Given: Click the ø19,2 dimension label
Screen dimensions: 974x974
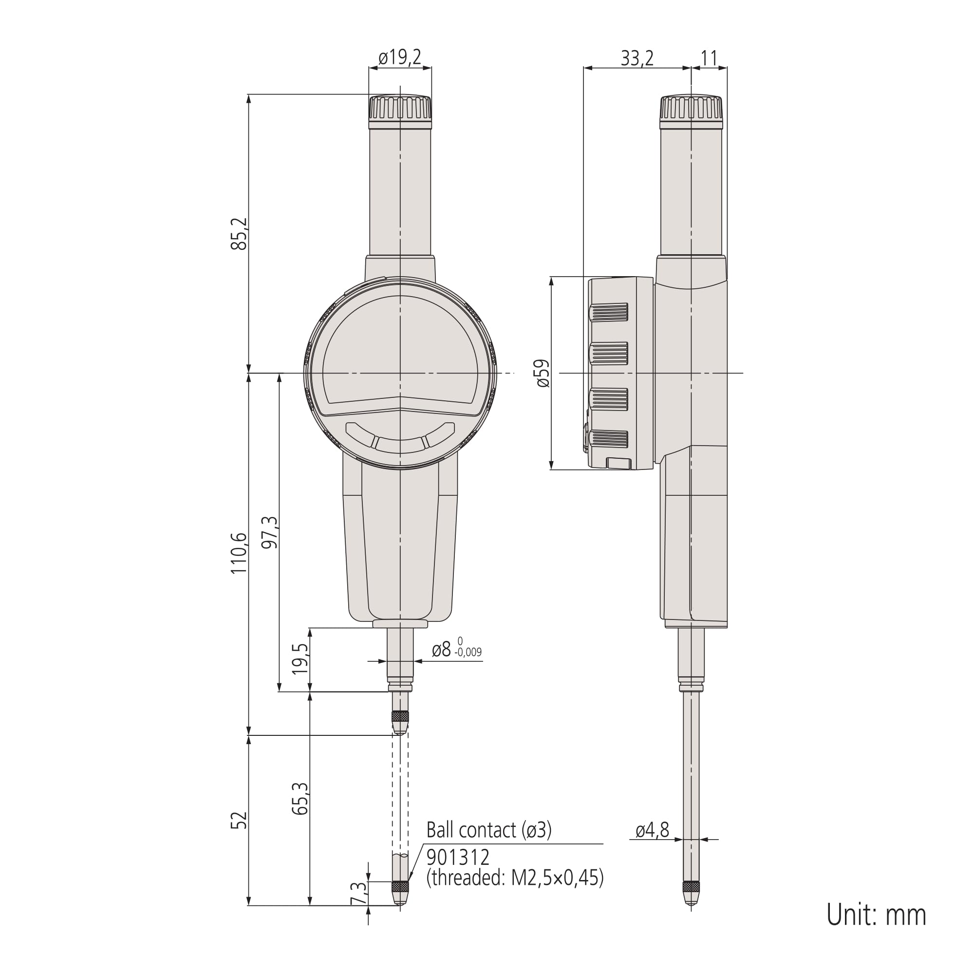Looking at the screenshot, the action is click(400, 58).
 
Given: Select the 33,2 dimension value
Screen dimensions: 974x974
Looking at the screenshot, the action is click(637, 58).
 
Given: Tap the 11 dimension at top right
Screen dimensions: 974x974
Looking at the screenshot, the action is click(709, 58).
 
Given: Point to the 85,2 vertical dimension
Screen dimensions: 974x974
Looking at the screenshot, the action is click(240, 233).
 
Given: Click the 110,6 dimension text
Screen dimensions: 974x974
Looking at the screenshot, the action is click(239, 553).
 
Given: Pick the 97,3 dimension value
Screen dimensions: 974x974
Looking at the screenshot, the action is click(270, 532).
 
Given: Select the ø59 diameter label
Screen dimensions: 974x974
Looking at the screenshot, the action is click(543, 373).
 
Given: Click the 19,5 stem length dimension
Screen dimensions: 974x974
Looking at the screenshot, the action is click(300, 659).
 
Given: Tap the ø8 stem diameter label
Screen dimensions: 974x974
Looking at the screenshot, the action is click(442, 650).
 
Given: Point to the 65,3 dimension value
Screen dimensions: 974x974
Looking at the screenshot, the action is click(300, 799).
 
